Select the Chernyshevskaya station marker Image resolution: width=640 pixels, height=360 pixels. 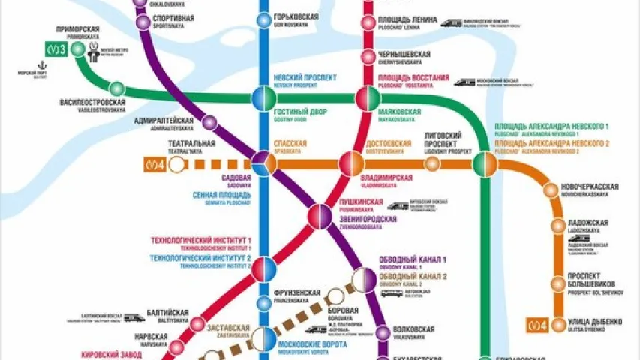coord(368,57)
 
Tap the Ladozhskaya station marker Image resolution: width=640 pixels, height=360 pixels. coord(557,226)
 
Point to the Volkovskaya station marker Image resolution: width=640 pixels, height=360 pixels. coord(383,330)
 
